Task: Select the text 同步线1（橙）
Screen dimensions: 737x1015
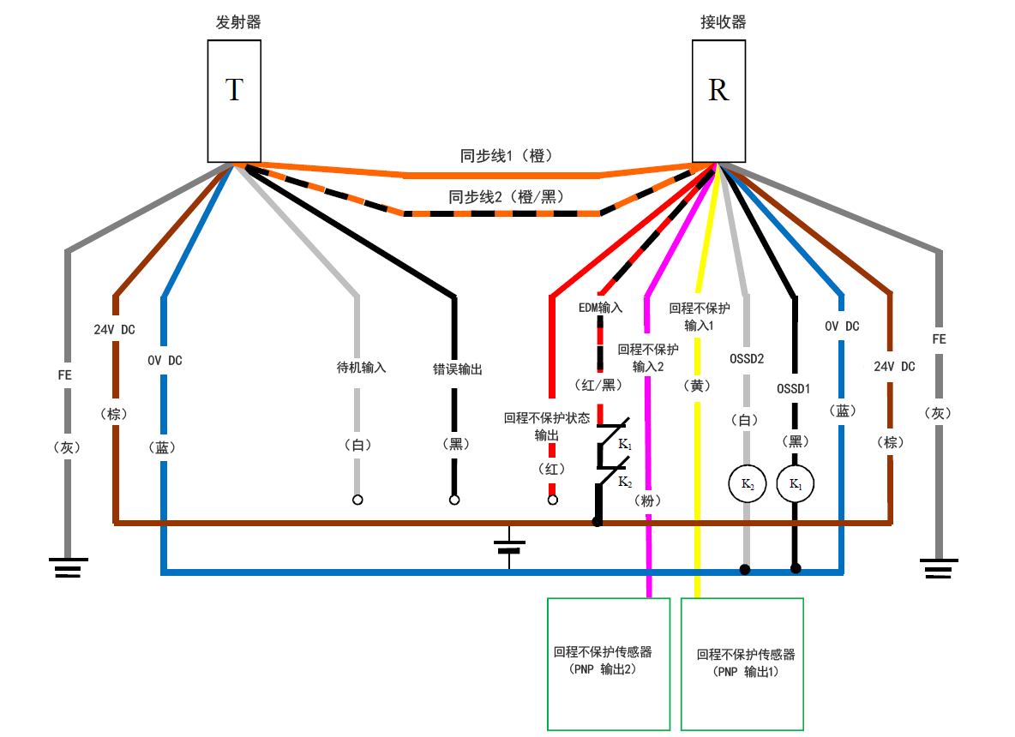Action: tap(511, 156)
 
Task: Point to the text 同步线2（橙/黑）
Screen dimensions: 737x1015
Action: tap(507, 197)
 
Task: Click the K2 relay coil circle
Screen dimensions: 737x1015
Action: tap(748, 484)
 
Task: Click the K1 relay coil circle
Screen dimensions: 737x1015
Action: tap(795, 484)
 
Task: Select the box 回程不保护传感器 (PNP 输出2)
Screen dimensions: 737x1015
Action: tap(608, 663)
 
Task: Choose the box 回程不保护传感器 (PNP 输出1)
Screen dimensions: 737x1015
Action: tap(742, 663)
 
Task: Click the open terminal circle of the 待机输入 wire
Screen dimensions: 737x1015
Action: tap(357, 500)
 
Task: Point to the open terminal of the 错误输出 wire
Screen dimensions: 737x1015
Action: tap(454, 500)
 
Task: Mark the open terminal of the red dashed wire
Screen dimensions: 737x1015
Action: tap(553, 500)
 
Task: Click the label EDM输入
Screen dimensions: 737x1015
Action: tap(600, 306)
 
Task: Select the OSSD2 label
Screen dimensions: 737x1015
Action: tap(746, 358)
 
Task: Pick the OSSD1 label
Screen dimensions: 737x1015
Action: tap(794, 388)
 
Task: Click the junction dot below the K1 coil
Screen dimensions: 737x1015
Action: tap(796, 568)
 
